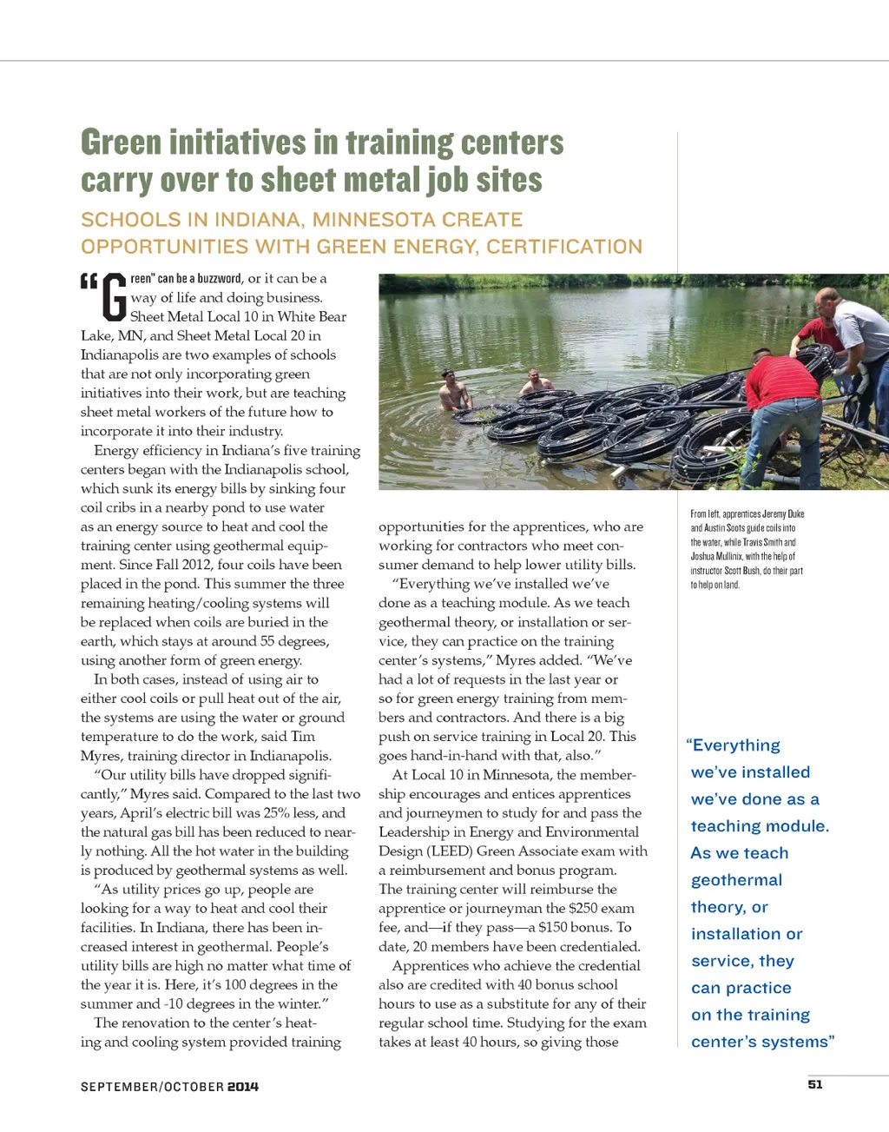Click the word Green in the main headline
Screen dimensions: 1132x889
click(121, 142)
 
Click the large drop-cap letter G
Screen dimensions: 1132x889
click(115, 297)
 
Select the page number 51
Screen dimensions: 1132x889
click(815, 1084)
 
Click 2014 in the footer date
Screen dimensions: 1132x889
click(243, 1087)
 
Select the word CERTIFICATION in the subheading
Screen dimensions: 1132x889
click(564, 247)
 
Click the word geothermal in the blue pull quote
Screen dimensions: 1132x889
click(736, 880)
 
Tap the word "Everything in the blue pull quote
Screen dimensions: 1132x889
click(734, 745)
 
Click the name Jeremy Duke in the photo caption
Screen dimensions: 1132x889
click(784, 514)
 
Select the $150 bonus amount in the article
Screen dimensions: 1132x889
click(555, 927)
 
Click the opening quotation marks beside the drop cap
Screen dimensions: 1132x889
click(89, 281)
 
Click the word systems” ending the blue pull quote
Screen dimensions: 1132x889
click(798, 1042)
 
